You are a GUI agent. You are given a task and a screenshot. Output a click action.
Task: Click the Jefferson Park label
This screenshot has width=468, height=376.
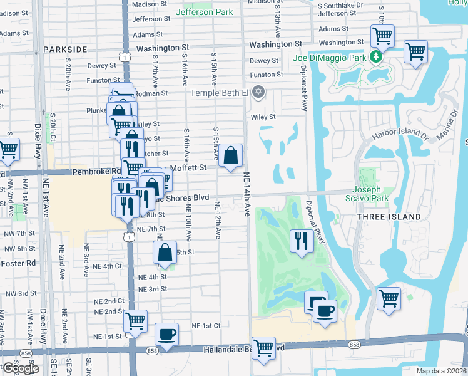205,12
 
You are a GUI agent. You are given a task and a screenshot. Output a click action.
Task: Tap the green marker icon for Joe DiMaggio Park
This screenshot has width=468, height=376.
375,58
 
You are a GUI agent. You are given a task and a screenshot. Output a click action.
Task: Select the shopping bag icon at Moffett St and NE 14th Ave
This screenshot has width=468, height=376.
231,154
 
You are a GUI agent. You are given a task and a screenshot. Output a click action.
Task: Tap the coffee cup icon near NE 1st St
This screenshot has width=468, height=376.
166,334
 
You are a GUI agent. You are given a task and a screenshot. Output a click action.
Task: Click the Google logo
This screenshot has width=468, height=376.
20,368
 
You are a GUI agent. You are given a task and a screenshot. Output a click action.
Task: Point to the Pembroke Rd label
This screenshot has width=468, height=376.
96,170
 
